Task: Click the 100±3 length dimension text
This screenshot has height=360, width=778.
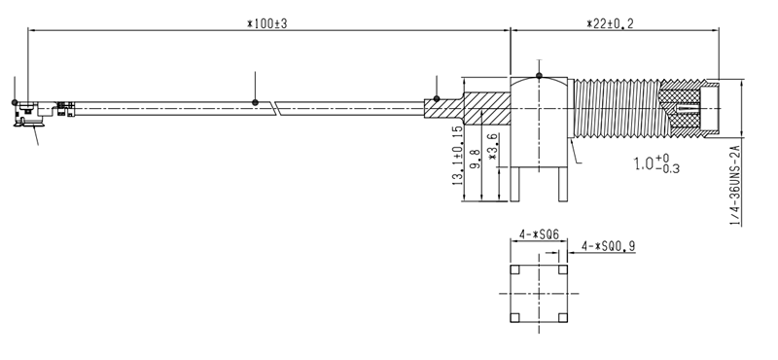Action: (266, 23)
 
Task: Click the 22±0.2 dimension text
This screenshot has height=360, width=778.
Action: (610, 23)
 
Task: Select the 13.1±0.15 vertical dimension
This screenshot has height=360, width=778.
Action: (457, 156)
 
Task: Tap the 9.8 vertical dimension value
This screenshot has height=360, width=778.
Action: (476, 158)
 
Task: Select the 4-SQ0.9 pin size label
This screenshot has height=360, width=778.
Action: (609, 245)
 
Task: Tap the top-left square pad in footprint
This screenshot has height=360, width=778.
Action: (515, 270)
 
